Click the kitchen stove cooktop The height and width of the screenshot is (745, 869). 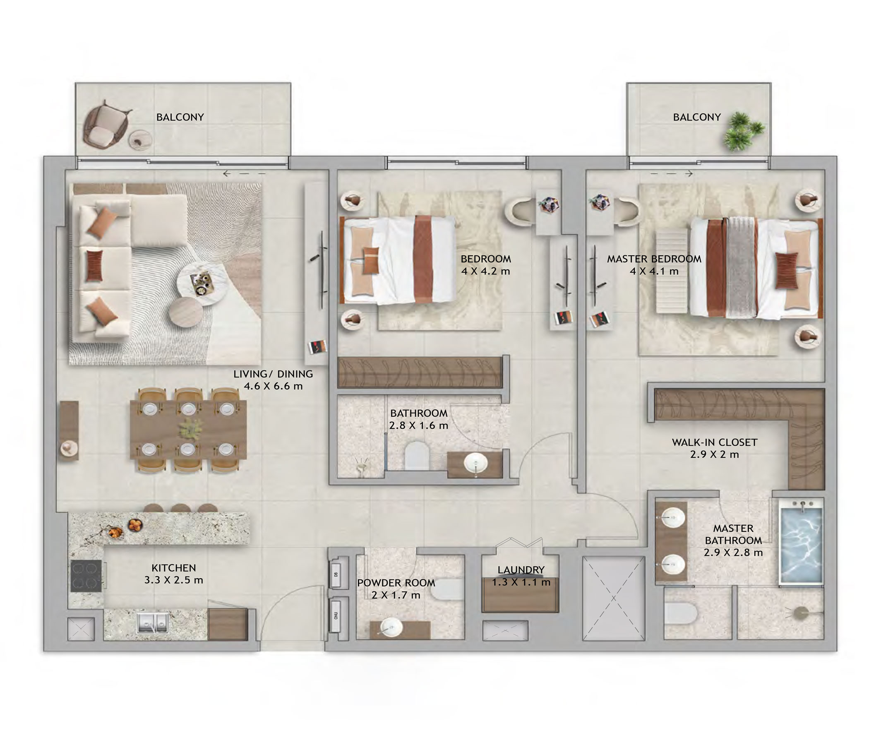tap(86, 576)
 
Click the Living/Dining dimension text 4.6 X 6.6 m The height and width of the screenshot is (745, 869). tap(273, 386)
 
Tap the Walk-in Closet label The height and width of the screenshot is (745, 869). tap(715, 442)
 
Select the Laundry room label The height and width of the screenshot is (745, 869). tap(521, 570)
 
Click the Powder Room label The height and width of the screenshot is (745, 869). tap(396, 583)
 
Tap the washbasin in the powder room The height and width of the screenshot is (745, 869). tap(391, 627)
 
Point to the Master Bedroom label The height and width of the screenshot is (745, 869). tap(654, 259)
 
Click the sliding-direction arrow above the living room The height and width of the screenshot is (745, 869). tap(245, 173)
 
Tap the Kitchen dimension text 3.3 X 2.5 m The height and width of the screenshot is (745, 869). tap(174, 580)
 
